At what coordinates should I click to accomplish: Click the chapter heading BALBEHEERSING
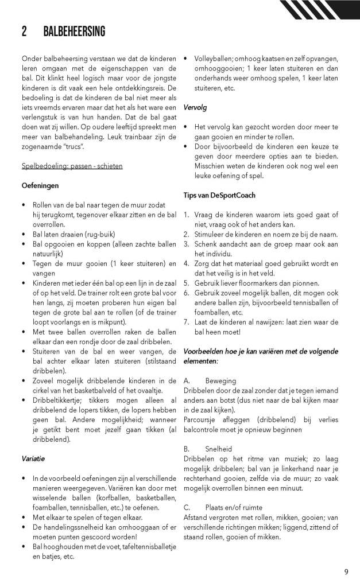click(x=74, y=32)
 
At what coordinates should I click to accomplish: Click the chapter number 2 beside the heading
click(x=25, y=32)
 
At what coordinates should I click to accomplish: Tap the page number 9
click(x=346, y=571)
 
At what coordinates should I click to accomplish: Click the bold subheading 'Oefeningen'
click(x=40, y=185)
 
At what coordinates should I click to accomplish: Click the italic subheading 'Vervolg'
click(x=196, y=107)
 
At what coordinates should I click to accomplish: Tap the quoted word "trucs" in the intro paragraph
click(x=71, y=146)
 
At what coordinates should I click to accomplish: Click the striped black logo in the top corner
click(x=321, y=10)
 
